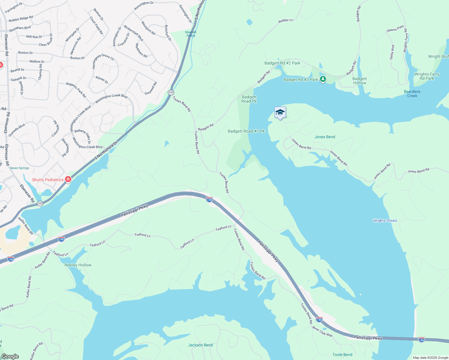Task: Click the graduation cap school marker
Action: [x=280, y=112]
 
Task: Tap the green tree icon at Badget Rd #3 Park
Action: [x=323, y=79]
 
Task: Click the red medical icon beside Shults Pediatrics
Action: [x=68, y=179]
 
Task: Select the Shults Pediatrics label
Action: [x=48, y=180]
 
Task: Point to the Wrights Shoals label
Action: [x=385, y=220]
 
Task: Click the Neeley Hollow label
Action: [x=78, y=265]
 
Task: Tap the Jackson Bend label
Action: [x=200, y=345]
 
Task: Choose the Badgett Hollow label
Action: [x=360, y=81]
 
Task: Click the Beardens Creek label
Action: [x=412, y=94]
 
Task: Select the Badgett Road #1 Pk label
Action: [x=246, y=131]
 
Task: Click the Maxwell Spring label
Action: [x=191, y=34]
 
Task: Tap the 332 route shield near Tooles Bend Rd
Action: [x=171, y=92]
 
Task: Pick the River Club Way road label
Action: [x=322, y=331]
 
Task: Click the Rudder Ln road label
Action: [x=285, y=20]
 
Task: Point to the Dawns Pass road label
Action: [x=395, y=28]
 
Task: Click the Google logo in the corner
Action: [x=10, y=356]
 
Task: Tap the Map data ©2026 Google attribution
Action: [x=430, y=357]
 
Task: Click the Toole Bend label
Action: [x=342, y=355]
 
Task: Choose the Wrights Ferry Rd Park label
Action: [x=426, y=76]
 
